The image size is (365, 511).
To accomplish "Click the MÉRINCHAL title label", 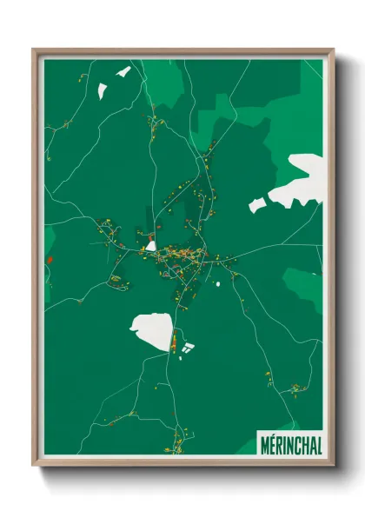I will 290,443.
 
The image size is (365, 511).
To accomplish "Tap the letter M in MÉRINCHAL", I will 264,443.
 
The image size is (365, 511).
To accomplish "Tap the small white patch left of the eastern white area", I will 256,205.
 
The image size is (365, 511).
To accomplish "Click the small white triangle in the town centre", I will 151,245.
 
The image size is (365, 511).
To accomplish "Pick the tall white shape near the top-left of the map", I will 102,90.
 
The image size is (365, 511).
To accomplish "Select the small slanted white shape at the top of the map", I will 123,71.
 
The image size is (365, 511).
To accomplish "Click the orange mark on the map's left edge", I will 50,259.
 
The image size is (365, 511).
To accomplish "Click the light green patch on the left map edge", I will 50,239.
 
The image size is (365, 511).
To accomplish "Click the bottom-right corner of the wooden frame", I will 333,466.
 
